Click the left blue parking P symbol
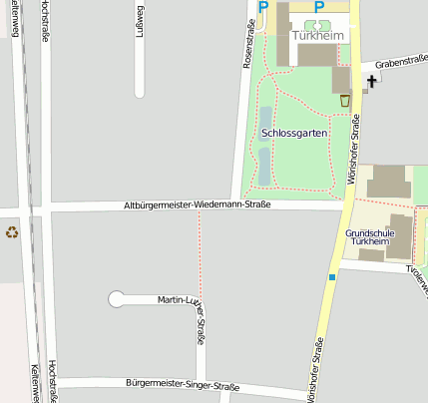point(263,7)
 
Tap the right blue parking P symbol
point(320,7)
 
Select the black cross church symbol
point(372,81)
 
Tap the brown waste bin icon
point(345,100)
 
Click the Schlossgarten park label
point(294,133)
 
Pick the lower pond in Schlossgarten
point(264,164)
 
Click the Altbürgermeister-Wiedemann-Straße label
point(197,204)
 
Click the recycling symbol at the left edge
point(12,232)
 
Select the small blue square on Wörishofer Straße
point(331,277)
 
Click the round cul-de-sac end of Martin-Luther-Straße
point(117,298)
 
